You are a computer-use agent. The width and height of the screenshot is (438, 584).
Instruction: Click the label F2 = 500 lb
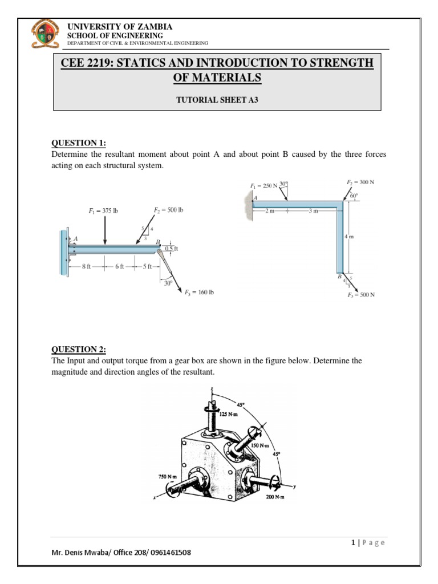(x=168, y=210)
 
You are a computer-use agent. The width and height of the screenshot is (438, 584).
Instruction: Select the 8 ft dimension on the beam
(x=86, y=266)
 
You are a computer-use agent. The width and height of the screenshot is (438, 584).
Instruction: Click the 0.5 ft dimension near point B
(x=171, y=249)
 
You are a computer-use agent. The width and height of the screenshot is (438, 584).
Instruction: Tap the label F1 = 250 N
(x=263, y=186)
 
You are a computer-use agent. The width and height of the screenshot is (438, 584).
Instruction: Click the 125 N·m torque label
(x=230, y=415)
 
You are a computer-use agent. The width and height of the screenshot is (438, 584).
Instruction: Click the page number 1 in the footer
(x=354, y=542)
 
